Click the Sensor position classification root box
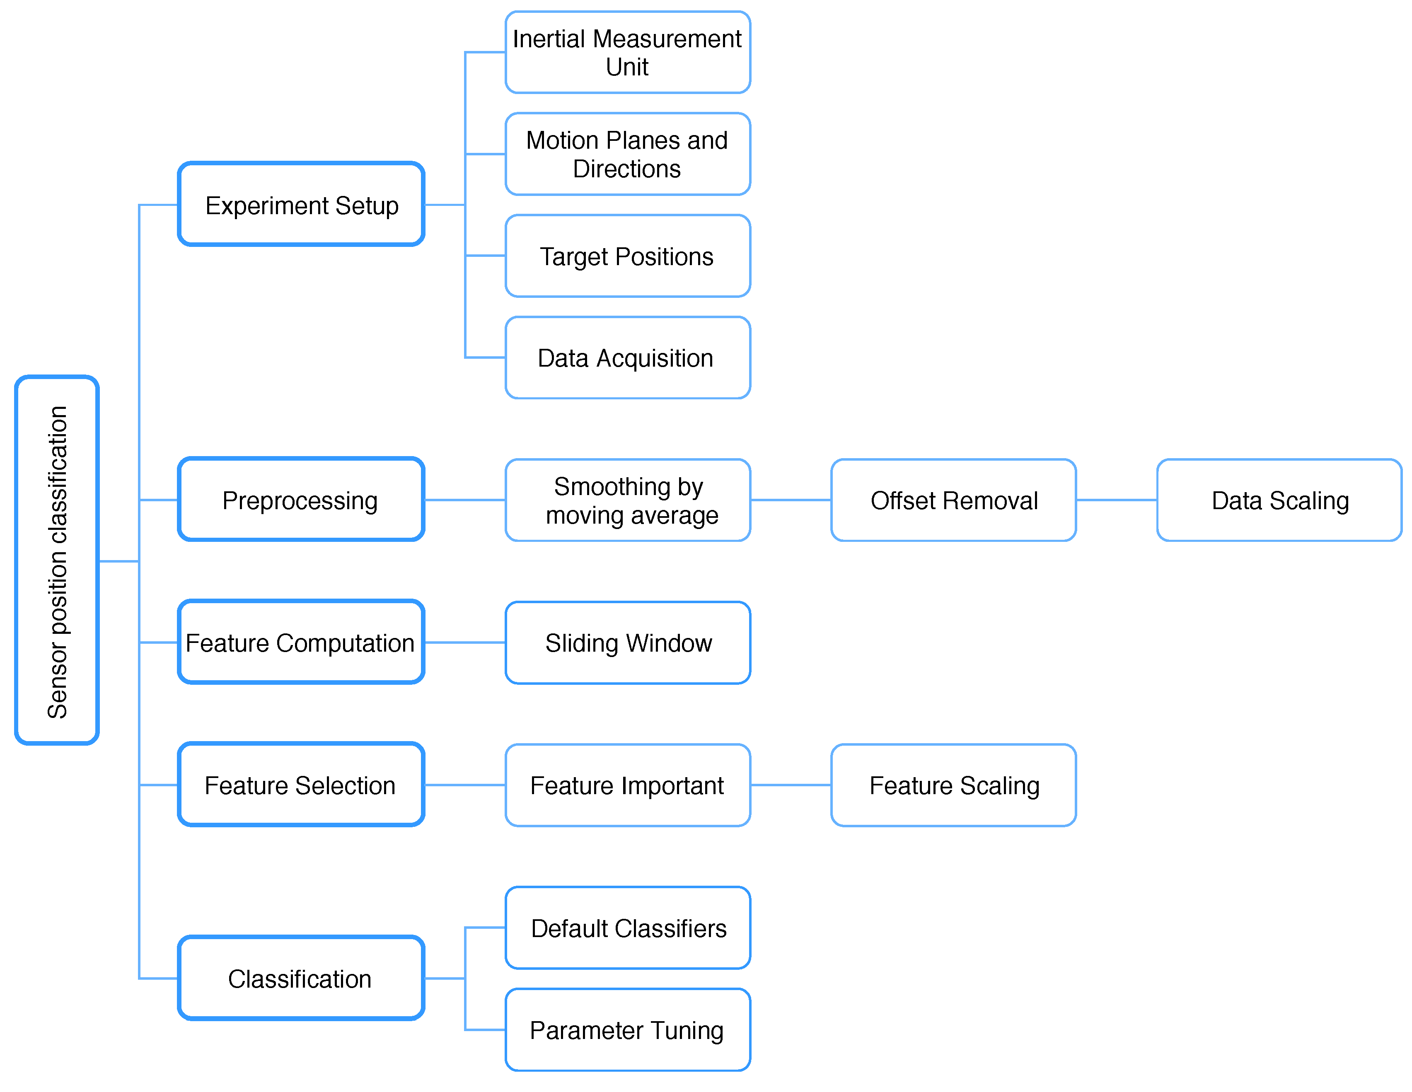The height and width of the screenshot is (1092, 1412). click(57, 560)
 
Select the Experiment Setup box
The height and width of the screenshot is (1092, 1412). click(301, 204)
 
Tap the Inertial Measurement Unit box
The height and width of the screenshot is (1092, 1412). click(627, 52)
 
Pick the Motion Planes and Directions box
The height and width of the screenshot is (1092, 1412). click(627, 154)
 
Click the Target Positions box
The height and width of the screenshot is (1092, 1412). click(627, 256)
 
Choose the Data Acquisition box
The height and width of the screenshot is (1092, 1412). click(627, 358)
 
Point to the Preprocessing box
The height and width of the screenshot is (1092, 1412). click(301, 500)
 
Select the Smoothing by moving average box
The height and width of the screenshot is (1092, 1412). click(627, 500)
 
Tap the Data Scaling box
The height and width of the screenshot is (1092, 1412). click(1279, 500)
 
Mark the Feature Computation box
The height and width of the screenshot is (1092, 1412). click(301, 642)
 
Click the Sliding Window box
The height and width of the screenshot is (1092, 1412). click(627, 642)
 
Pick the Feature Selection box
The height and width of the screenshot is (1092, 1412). click(301, 784)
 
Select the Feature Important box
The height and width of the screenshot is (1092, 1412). click(627, 784)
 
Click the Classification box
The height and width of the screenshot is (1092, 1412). click(301, 978)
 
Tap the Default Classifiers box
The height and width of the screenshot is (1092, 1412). click(627, 927)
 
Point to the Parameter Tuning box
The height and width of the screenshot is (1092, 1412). click(627, 1029)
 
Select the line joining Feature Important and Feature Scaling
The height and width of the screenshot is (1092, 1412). click(790, 784)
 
